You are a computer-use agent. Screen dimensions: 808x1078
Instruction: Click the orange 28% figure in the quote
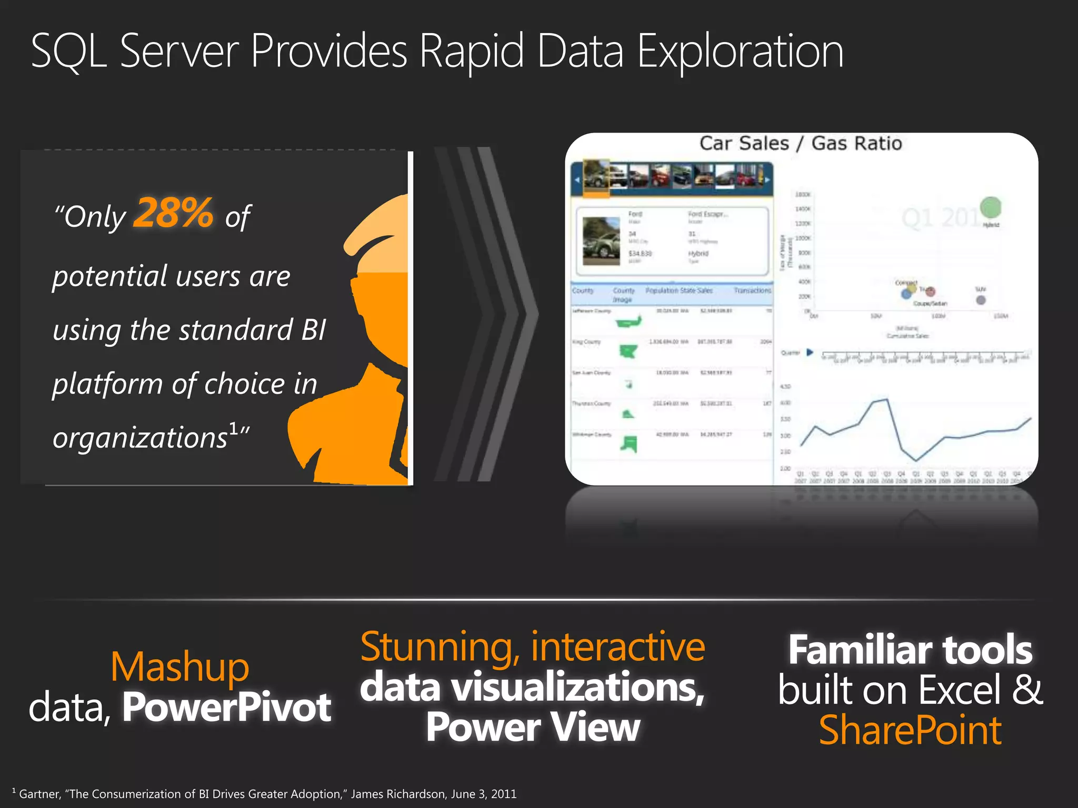pos(173,213)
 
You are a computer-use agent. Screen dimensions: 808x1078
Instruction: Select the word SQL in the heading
pos(68,52)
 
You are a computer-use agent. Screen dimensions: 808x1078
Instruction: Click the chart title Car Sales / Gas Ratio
pos(800,143)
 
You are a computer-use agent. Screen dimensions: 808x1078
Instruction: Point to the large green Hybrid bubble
pos(991,207)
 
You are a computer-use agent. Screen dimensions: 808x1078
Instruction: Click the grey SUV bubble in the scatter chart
pos(981,300)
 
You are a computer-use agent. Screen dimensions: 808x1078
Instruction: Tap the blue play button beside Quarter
pos(810,352)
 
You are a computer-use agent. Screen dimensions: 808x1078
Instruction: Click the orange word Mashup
pos(179,667)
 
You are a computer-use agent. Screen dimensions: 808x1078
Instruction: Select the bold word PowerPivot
pos(227,707)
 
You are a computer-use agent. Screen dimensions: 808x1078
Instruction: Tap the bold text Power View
pos(533,728)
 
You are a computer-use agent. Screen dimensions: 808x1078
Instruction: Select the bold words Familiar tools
pos(910,650)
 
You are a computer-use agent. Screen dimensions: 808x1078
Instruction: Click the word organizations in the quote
pos(140,438)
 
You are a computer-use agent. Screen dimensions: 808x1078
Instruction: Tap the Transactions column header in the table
pos(752,290)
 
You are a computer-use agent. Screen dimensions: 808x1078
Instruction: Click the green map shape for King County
pos(628,351)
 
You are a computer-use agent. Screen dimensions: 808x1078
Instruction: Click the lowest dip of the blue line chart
pos(916,461)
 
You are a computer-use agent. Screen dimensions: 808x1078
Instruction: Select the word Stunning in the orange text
pos(437,647)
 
